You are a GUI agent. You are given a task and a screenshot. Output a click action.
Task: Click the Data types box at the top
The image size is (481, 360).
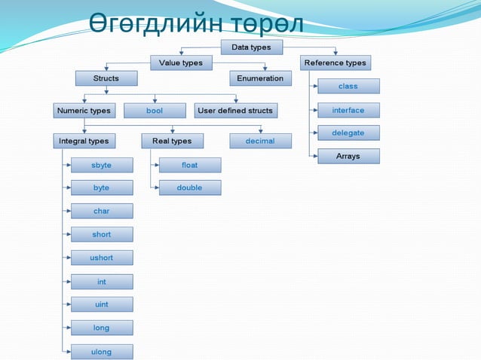pos(251,47)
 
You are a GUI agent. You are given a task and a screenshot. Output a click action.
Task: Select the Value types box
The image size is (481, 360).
pos(181,63)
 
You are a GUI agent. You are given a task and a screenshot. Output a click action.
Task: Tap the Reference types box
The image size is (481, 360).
pos(335,63)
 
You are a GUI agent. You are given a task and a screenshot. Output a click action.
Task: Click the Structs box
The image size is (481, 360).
pos(106,78)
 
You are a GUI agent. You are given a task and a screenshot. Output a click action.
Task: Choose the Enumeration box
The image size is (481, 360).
pos(260,78)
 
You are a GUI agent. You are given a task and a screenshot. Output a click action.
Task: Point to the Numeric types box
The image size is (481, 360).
pos(84,111)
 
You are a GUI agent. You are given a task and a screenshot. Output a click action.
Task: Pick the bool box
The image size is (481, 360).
pos(155,111)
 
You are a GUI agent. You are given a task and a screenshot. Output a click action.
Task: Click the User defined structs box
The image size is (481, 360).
pos(235,111)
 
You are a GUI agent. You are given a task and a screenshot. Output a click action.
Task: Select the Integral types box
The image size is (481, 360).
pos(84,141)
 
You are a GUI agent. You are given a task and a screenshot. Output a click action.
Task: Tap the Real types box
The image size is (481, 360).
pos(172,141)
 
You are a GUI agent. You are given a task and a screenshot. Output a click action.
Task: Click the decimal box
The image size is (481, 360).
pos(260,141)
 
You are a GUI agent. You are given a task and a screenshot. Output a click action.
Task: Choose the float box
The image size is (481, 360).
pos(190,165)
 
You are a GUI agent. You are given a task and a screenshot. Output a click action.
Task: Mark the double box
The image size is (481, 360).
pos(190,188)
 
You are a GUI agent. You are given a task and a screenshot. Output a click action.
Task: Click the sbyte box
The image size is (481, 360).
pos(102,165)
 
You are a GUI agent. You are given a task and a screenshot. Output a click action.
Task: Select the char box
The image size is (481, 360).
pos(102,211)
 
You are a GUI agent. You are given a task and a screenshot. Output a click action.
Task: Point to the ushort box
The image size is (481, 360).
pos(102,258)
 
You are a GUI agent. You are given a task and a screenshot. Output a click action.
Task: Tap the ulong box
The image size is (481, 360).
pos(102,352)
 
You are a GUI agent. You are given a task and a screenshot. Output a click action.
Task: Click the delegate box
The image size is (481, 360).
pos(348,133)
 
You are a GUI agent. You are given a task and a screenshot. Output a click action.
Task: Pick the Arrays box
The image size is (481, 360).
pos(348,157)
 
